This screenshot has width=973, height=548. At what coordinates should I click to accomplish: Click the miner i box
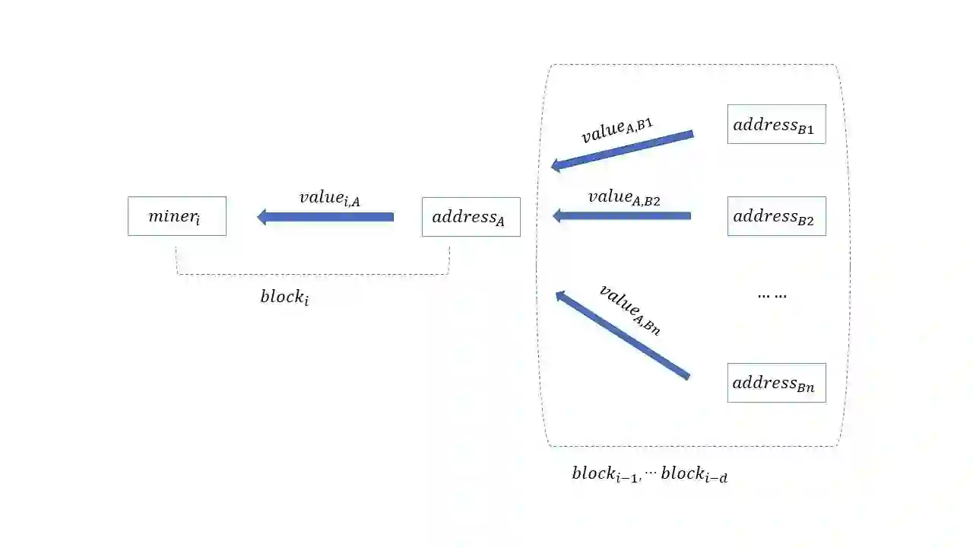176,216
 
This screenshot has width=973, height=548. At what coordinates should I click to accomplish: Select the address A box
471,217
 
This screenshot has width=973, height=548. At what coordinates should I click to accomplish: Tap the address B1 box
776,124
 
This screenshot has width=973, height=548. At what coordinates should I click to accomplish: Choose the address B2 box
776,216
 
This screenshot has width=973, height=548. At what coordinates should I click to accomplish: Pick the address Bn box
776,383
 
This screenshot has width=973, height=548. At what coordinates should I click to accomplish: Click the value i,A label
329,198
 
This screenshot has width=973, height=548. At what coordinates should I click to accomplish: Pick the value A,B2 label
623,197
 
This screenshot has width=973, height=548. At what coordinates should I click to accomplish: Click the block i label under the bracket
284,297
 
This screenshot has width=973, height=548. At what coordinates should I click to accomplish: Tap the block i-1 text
606,473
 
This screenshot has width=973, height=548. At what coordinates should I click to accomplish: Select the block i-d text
694,474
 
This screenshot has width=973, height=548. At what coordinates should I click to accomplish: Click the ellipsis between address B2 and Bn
772,295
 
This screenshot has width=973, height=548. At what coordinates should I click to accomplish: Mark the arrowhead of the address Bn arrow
559,295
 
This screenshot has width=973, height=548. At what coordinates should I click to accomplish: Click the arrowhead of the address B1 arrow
556,165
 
